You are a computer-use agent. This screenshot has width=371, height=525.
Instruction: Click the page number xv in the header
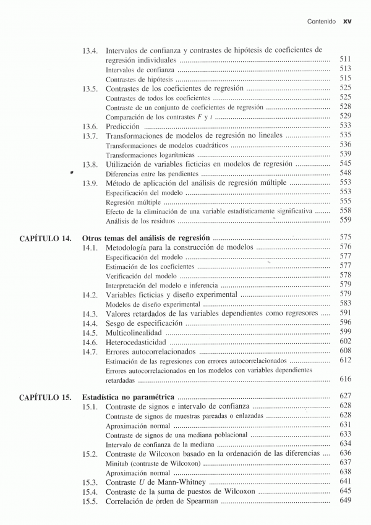(347, 21)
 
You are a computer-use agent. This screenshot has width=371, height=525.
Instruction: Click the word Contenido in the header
(322, 21)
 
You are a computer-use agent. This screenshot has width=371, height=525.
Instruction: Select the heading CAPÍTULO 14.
(45, 237)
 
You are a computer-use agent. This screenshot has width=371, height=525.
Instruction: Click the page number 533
(346, 126)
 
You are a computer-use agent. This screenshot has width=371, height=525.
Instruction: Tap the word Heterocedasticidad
(136, 342)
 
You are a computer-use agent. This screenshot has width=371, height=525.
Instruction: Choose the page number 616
(346, 379)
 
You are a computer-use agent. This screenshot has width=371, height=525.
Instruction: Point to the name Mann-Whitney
(182, 482)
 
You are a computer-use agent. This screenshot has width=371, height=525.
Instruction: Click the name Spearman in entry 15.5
(197, 501)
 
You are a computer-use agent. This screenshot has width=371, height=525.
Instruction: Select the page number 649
(346, 500)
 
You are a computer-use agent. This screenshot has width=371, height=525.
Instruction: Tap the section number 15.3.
(90, 482)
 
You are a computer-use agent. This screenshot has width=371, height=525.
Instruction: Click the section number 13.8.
(90, 164)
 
